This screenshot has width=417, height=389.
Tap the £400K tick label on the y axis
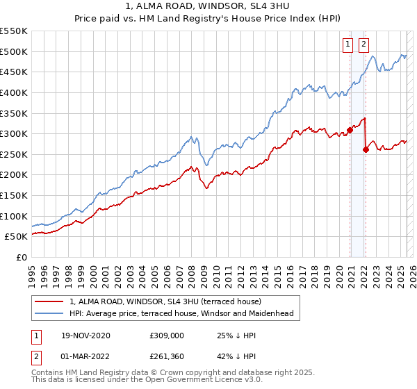pos(14,92)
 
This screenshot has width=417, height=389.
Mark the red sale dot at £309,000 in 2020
pos(350,129)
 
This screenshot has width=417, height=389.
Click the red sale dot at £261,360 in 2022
pos(366,149)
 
